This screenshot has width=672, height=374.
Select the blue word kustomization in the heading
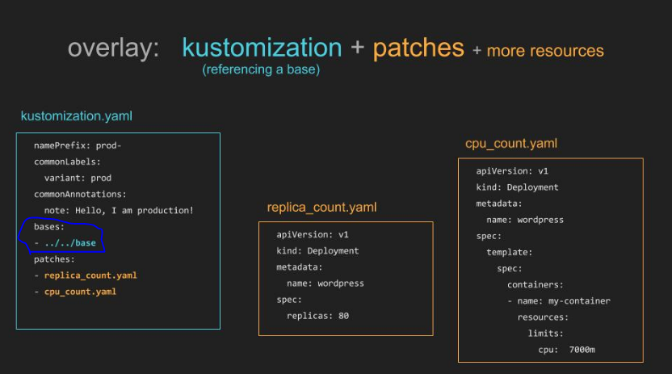(262, 47)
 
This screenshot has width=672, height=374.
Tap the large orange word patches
(418, 48)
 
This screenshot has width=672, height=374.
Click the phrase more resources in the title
(545, 51)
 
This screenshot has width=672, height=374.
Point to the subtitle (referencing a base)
(261, 69)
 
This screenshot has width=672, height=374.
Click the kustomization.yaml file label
(77, 116)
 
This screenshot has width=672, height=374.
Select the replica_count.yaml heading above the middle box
(321, 208)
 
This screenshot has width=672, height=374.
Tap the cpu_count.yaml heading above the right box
(511, 144)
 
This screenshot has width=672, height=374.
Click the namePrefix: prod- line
(78, 145)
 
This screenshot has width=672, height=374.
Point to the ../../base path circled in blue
(70, 243)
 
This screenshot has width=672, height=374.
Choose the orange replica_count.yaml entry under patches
(90, 275)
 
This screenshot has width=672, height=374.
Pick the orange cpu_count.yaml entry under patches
(80, 292)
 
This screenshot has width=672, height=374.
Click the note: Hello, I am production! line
(119, 210)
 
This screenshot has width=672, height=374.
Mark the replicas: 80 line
(317, 316)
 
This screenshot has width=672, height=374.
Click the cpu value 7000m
(582, 350)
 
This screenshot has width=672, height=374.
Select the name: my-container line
(564, 301)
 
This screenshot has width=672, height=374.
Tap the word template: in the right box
(509, 252)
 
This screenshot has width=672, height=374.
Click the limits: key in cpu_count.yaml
(545, 334)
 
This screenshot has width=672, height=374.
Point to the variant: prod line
(78, 178)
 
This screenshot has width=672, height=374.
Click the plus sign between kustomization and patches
(358, 48)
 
